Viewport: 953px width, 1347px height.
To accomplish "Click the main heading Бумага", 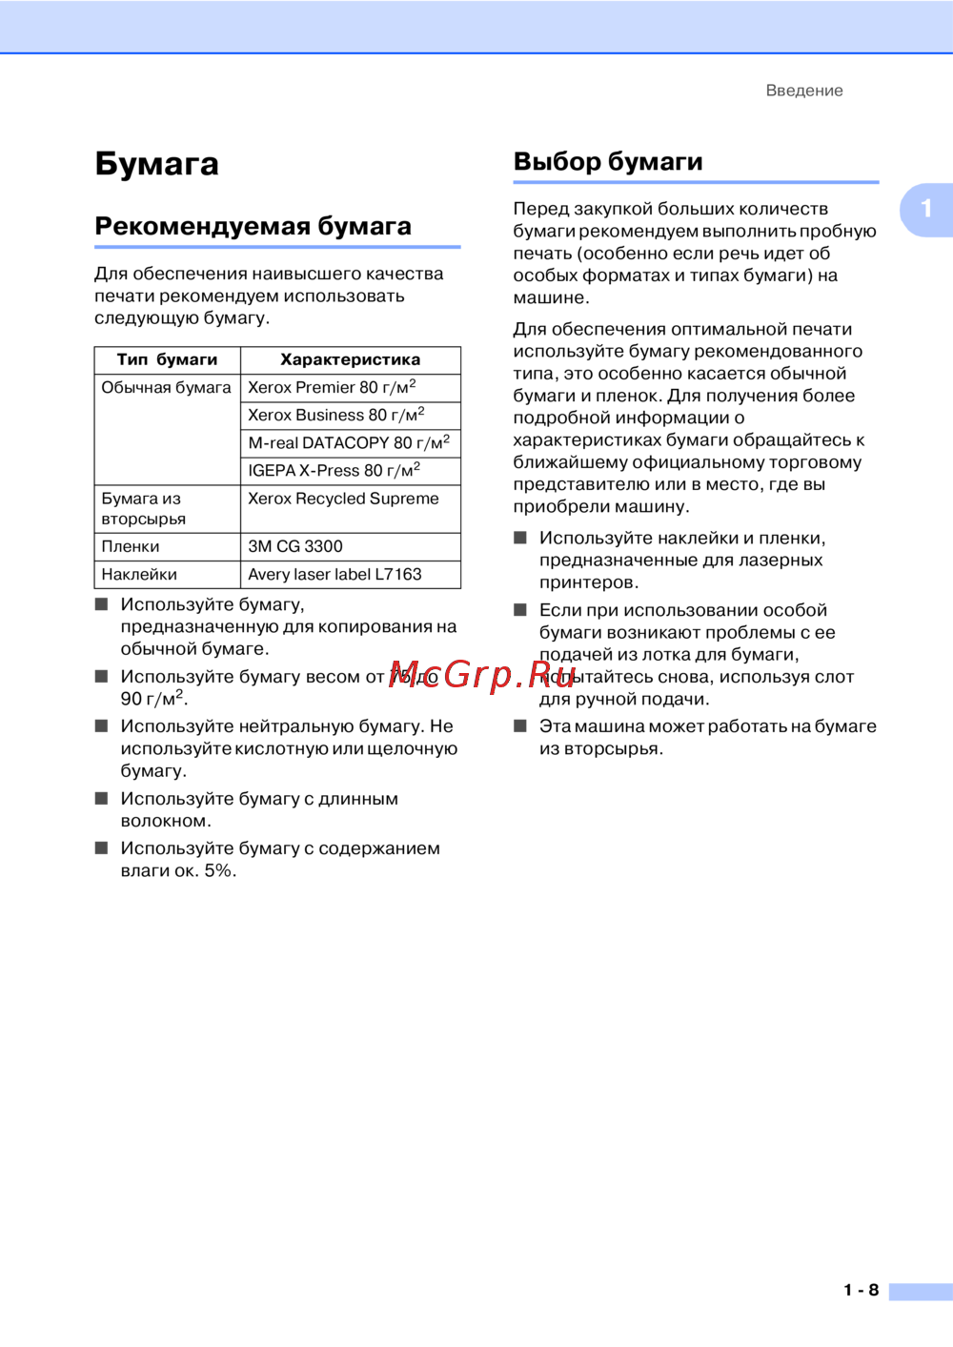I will pyautogui.click(x=157, y=164).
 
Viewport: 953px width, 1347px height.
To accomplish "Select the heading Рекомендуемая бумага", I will pyautogui.click(x=253, y=226).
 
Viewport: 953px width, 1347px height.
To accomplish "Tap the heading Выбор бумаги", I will pyautogui.click(x=608, y=161).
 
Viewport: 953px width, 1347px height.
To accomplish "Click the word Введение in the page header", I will pyautogui.click(x=804, y=91).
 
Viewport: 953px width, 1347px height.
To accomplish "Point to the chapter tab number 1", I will pyautogui.click(x=925, y=209).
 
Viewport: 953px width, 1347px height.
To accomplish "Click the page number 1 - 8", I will pyautogui.click(x=861, y=1290).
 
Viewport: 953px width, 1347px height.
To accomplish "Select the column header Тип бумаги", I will pyautogui.click(x=167, y=359).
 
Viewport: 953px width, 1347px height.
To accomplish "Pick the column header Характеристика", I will pyautogui.click(x=350, y=359).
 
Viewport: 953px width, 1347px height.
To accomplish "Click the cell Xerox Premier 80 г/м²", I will pyautogui.click(x=332, y=387).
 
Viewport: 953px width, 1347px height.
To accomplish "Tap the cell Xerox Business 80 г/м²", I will pyautogui.click(x=335, y=415).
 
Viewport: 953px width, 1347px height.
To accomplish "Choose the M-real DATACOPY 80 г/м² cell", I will pyautogui.click(x=348, y=442).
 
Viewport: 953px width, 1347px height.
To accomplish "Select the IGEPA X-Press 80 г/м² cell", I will pyautogui.click(x=334, y=470).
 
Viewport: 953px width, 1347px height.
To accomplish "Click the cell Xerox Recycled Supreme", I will pyautogui.click(x=343, y=499).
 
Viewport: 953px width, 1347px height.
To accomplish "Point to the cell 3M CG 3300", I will pyautogui.click(x=295, y=546).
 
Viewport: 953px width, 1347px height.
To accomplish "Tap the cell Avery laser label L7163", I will pyautogui.click(x=335, y=574).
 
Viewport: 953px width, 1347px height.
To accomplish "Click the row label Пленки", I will pyautogui.click(x=131, y=546).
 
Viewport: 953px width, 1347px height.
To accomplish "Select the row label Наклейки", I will pyautogui.click(x=139, y=574).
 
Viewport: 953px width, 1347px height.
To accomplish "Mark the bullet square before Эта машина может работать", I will pyautogui.click(x=520, y=726).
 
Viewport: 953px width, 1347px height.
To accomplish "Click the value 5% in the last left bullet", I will pyautogui.click(x=218, y=870).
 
